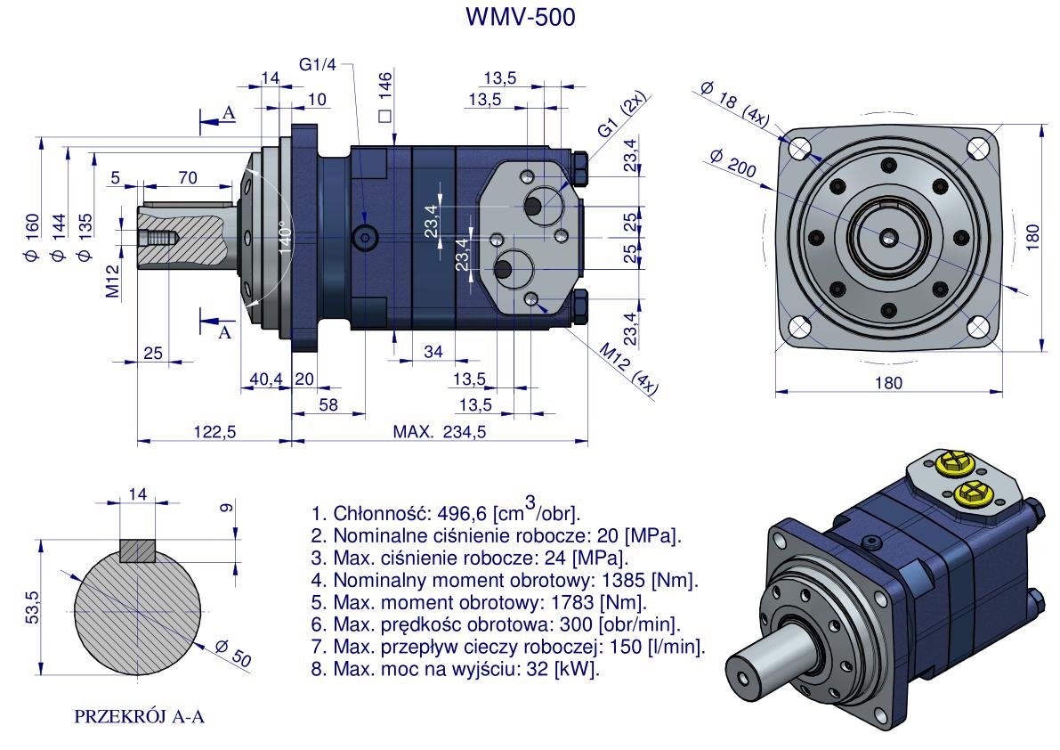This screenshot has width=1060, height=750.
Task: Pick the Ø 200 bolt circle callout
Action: tap(732, 168)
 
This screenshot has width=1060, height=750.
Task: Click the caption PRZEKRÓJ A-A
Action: tap(140, 715)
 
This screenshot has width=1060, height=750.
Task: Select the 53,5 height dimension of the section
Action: tap(30, 608)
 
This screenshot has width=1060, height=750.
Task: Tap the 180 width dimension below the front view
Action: tap(887, 383)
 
